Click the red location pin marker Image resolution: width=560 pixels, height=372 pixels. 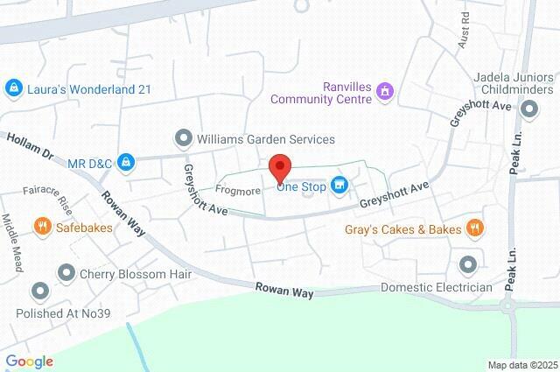pyautogui.click(x=279, y=166)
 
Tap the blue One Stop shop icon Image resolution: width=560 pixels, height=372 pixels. pyautogui.click(x=340, y=185)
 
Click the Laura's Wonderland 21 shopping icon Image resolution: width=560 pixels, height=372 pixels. pyautogui.click(x=13, y=88)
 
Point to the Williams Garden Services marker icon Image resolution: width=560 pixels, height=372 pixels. pyautogui.click(x=183, y=138)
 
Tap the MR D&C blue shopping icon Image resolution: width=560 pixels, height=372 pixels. pyautogui.click(x=127, y=162)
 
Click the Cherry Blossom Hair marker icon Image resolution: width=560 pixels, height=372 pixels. pyautogui.click(x=66, y=273)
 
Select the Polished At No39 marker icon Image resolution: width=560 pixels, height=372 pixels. pyautogui.click(x=39, y=291)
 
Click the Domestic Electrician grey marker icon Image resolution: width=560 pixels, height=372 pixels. pyautogui.click(x=468, y=263)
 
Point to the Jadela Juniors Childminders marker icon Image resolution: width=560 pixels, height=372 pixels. pyautogui.click(x=529, y=110)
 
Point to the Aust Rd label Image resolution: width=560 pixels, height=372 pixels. pyautogui.click(x=465, y=36)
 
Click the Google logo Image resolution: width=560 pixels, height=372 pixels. pyautogui.click(x=29, y=361)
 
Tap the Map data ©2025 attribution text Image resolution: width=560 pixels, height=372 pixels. pyautogui.click(x=521, y=365)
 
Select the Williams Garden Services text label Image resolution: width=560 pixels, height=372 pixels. pyautogui.click(x=266, y=138)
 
